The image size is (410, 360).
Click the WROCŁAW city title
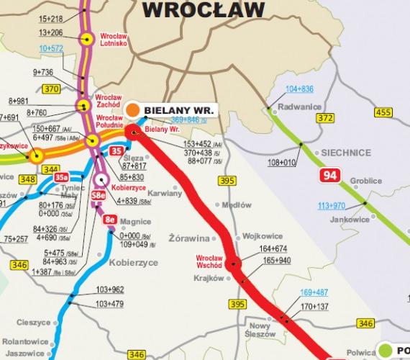(x=203, y=9)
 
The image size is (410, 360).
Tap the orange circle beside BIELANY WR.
(x=132, y=110)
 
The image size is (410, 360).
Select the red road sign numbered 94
(x=330, y=176)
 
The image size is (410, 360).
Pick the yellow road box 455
(x=383, y=112)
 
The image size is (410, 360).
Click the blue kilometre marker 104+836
(x=299, y=89)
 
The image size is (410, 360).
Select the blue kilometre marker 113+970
(x=332, y=205)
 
